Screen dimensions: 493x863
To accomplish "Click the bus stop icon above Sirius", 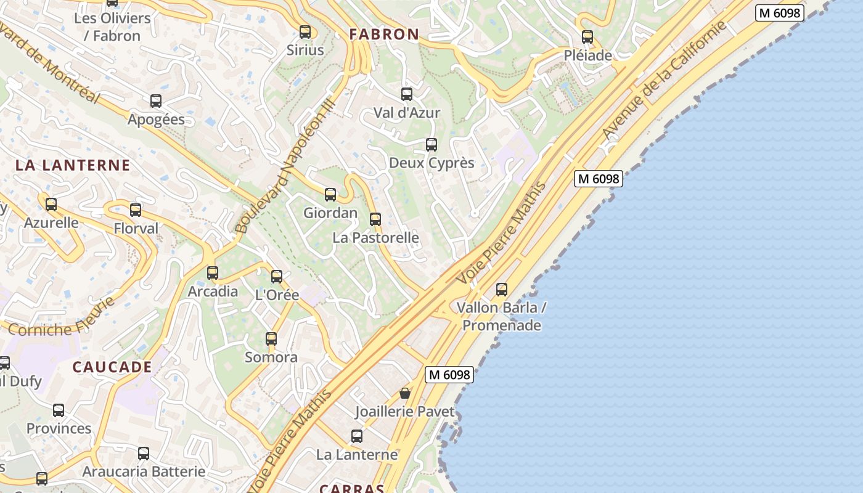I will (x=305, y=32).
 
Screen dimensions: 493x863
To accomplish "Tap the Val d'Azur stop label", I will (x=407, y=113).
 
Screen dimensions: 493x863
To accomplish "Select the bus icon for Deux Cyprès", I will (x=431, y=145).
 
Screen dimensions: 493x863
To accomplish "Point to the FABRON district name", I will (x=384, y=35).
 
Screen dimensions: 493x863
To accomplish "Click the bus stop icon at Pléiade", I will (x=587, y=37).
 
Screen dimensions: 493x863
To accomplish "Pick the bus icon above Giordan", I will (x=330, y=195).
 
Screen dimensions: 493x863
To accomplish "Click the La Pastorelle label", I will (x=375, y=237).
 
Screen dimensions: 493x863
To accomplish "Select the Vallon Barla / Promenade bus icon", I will (x=502, y=289).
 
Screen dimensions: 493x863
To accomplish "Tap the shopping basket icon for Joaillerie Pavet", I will (x=405, y=393).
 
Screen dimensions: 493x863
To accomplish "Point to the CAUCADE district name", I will (x=112, y=367).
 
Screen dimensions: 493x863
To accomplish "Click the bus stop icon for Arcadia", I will (x=213, y=272).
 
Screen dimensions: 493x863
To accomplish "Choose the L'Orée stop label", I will (x=277, y=295).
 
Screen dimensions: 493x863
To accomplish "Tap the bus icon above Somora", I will (x=271, y=338).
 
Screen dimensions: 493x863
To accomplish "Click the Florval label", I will (x=136, y=229).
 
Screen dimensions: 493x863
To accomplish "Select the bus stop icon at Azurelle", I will (x=51, y=205).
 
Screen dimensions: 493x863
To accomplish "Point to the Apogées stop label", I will (x=156, y=120).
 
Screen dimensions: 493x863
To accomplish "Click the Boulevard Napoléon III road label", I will (x=285, y=165).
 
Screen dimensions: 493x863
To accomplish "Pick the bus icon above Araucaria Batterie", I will (x=144, y=454).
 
